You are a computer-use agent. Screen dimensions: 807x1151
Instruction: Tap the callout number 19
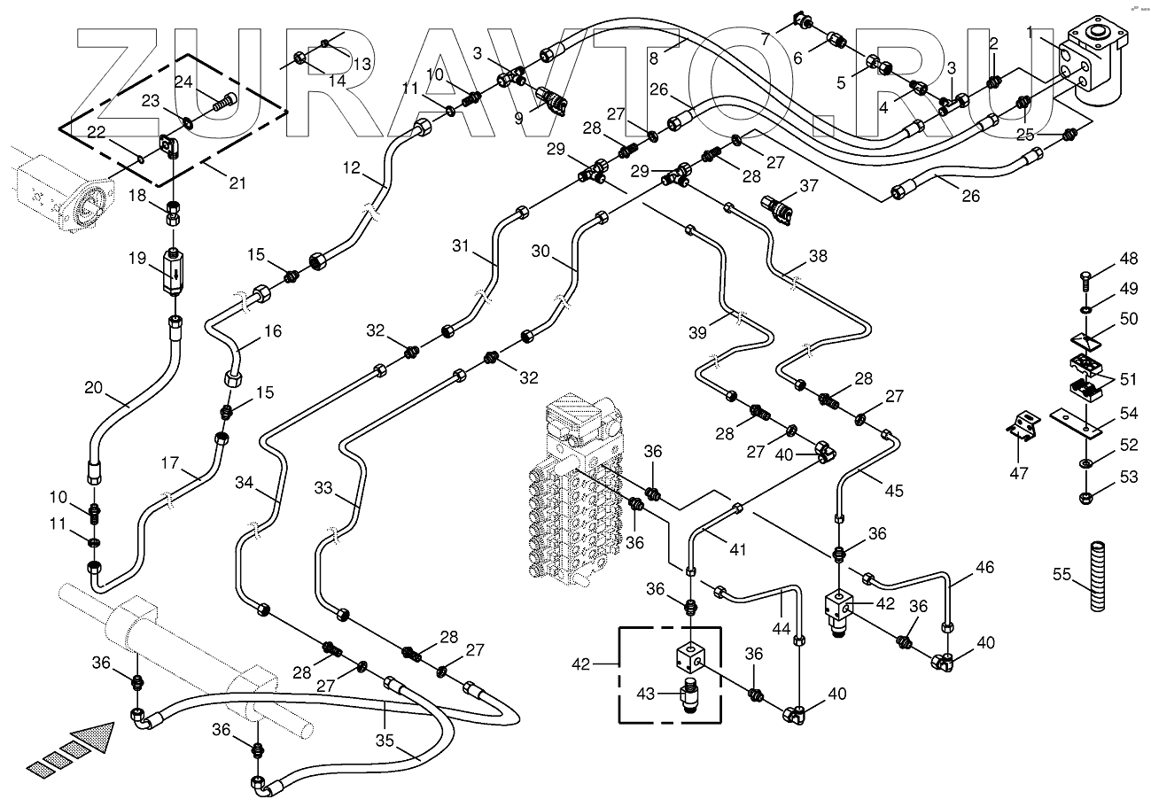click(x=137, y=259)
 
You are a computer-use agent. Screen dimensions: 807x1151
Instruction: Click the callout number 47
click(x=1020, y=473)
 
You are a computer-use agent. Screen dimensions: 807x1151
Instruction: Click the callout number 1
click(x=1030, y=33)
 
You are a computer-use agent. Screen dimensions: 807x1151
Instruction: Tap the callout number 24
click(x=183, y=82)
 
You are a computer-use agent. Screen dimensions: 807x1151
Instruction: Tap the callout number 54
click(x=1128, y=414)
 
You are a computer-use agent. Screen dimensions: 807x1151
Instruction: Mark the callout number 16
click(x=272, y=331)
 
